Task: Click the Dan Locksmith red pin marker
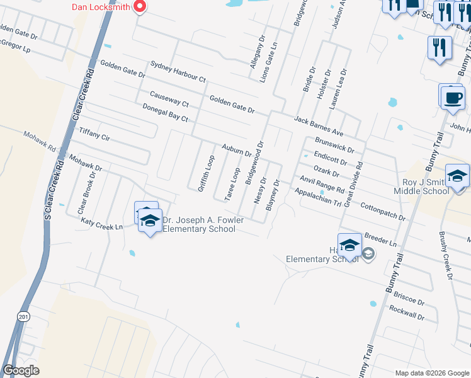(x=139, y=7)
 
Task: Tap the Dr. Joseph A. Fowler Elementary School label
(x=198, y=224)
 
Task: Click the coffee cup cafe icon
(x=452, y=98)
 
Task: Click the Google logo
(x=21, y=370)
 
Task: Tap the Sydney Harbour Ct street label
(x=178, y=72)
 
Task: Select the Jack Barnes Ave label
(x=319, y=126)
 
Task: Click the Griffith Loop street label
(x=206, y=173)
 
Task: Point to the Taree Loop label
(x=233, y=183)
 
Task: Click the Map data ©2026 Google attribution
(x=432, y=373)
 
